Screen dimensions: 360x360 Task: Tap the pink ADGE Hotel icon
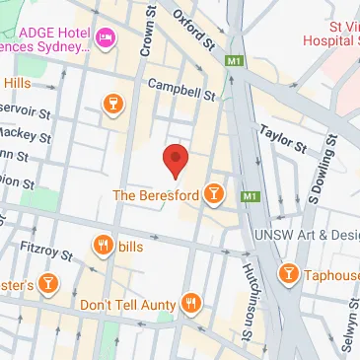(106, 40)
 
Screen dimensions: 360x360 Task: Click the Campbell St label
(180, 92)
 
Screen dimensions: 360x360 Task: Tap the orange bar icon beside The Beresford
(212, 196)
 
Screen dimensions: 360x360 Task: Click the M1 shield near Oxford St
(234, 62)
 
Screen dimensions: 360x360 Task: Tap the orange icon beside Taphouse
(289, 273)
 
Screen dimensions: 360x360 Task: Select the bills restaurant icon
(102, 246)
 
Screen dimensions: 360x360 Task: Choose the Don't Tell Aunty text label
(129, 305)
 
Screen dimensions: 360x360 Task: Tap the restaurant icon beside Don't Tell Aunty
(191, 304)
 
